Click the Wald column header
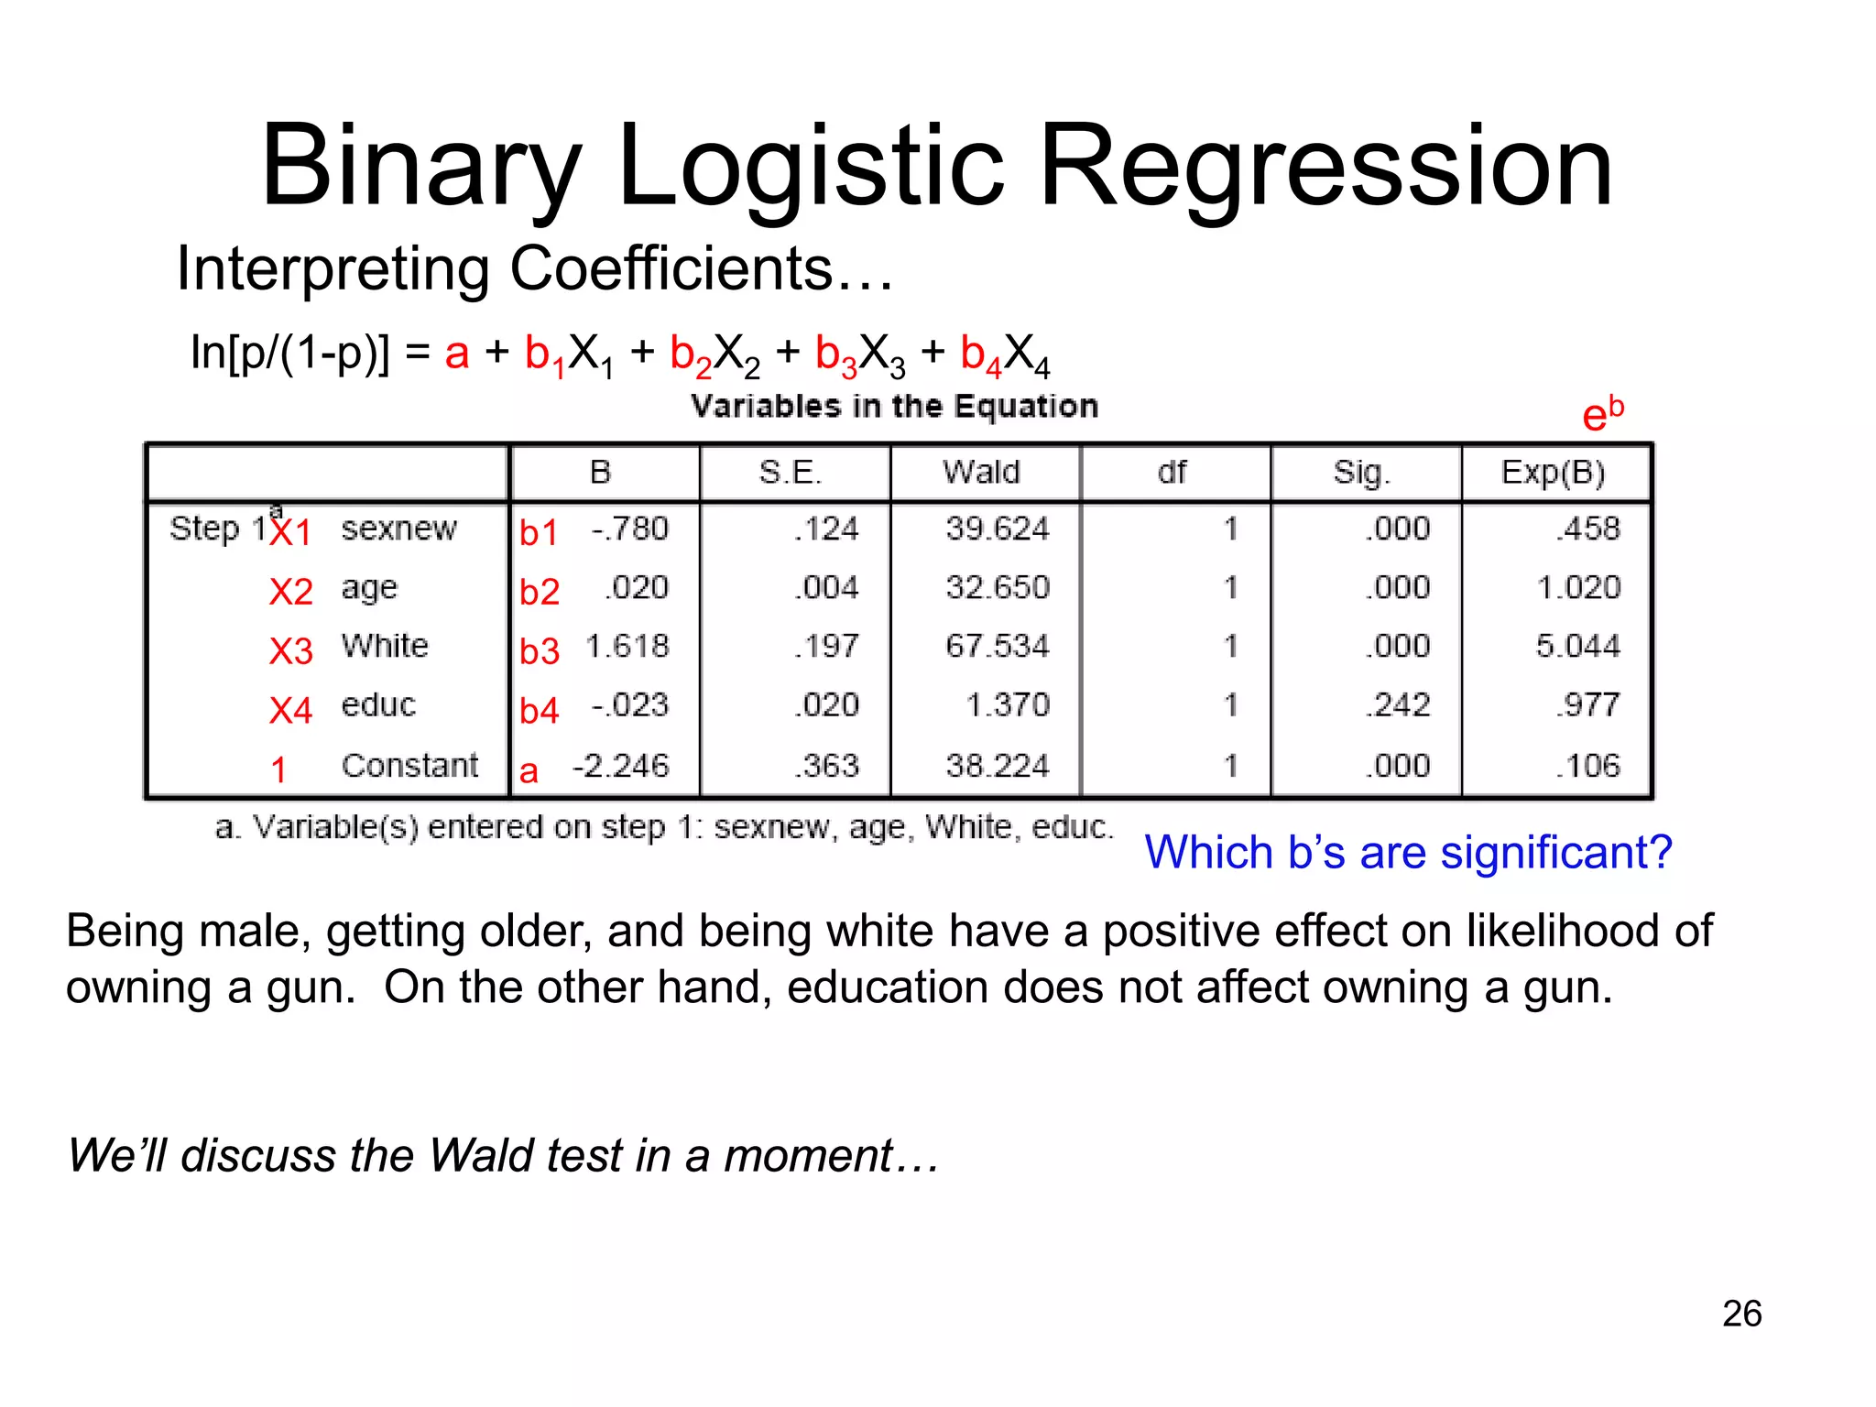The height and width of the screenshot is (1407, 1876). [x=981, y=473]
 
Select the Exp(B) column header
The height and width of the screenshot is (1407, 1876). [x=1553, y=473]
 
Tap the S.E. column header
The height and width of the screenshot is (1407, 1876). [x=791, y=473]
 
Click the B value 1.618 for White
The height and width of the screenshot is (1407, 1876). [x=627, y=647]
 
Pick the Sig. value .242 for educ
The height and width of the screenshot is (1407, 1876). [x=1397, y=705]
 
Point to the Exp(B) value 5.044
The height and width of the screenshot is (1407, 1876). [x=1577, y=647]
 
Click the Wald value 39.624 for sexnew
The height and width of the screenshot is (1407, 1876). [x=997, y=529]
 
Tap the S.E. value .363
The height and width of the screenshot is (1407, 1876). [x=826, y=766]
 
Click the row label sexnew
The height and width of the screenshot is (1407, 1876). [x=398, y=529]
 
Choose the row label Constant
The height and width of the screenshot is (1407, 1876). [x=409, y=765]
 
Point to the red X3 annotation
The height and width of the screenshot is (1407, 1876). [x=291, y=651]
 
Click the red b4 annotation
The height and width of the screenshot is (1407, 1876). [x=540, y=711]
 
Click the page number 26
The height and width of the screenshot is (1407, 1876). [x=1741, y=1314]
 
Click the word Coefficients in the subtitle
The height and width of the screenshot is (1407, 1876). [x=671, y=269]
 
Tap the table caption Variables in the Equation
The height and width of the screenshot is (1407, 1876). [x=894, y=406]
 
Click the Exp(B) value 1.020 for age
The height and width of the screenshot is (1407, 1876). [x=1578, y=588]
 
